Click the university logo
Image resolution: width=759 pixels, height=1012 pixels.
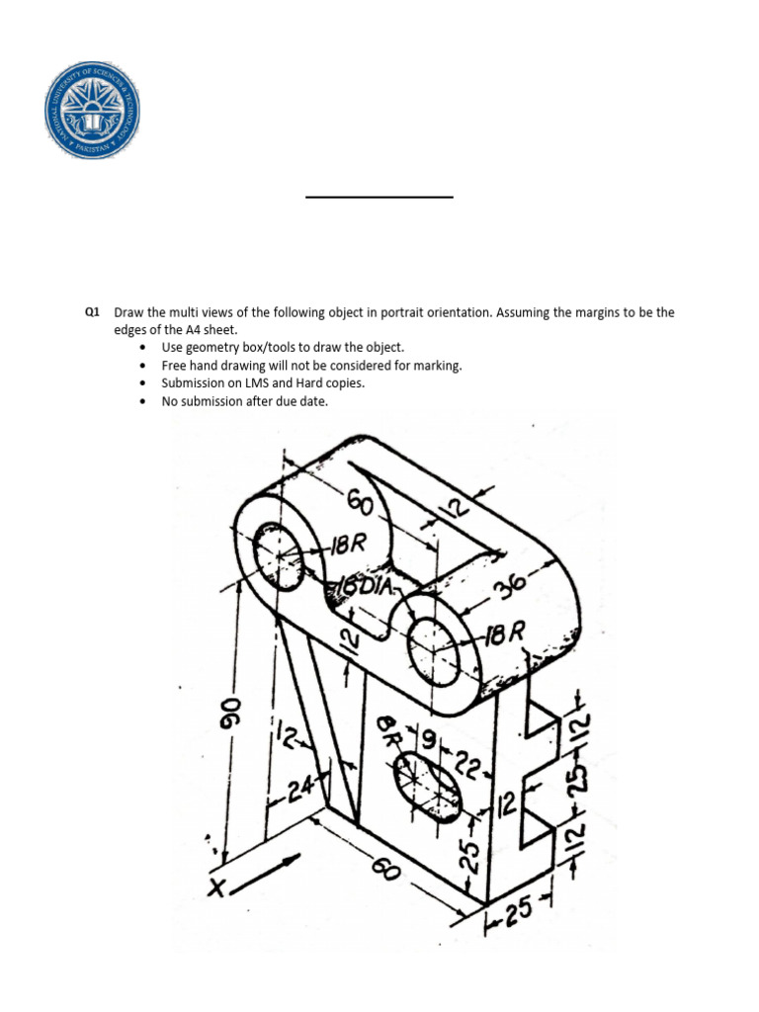pos(92,108)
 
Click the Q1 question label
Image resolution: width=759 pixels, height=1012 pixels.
pos(93,312)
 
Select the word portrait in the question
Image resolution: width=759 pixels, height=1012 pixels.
pos(396,312)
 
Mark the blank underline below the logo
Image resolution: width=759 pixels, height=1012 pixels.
pos(379,198)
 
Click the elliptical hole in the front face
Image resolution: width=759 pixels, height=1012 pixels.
pos(427,784)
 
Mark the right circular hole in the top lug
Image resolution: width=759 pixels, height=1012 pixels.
pos(433,646)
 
